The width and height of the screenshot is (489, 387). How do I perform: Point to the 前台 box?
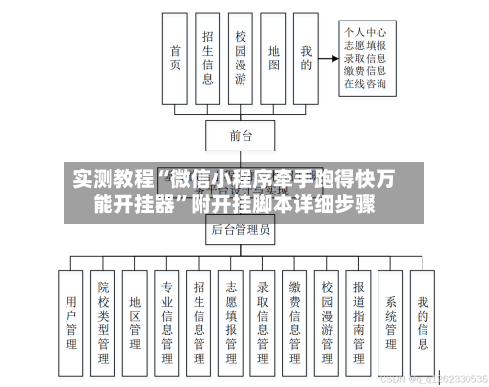(241, 135)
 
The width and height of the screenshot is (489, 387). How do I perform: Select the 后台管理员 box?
(241, 232)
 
